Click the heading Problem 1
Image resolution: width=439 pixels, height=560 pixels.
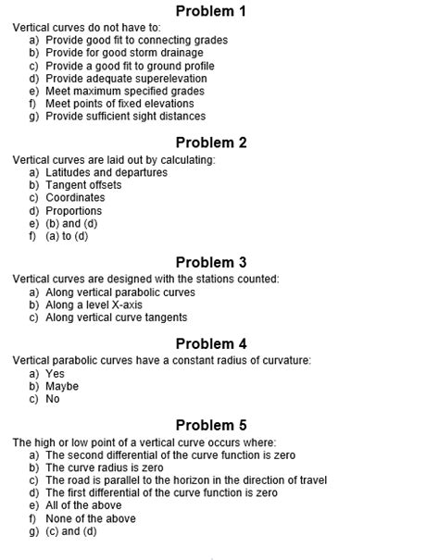pyautogui.click(x=211, y=11)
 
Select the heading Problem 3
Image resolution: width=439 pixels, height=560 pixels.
pyautogui.click(x=211, y=262)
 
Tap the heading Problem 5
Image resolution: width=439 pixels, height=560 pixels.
pyautogui.click(x=211, y=426)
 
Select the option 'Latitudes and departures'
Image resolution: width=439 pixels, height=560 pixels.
pyautogui.click(x=107, y=172)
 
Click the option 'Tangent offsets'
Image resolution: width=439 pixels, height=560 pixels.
pyautogui.click(x=83, y=185)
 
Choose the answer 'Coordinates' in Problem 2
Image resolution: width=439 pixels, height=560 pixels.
pyautogui.click(x=75, y=197)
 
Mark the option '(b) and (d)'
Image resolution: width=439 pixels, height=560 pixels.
pyautogui.click(x=71, y=223)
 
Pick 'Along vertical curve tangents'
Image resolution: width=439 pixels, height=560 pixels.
pyautogui.click(x=116, y=317)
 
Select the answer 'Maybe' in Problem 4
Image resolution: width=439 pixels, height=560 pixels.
pyautogui.click(x=62, y=386)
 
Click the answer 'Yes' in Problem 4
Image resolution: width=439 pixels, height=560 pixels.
pyautogui.click(x=55, y=373)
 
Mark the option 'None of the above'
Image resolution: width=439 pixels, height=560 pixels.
pyautogui.click(x=90, y=518)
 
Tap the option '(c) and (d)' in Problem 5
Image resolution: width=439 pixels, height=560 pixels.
pyautogui.click(x=71, y=531)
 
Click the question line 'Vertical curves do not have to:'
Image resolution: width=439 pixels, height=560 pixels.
pyautogui.click(x=86, y=28)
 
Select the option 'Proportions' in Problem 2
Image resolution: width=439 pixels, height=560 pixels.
pyautogui.click(x=74, y=210)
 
